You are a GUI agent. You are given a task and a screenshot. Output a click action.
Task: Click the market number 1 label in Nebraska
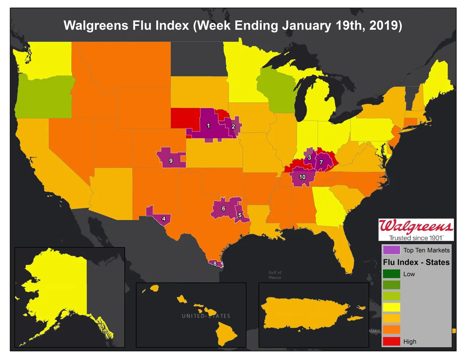pyautogui.click(x=208, y=126)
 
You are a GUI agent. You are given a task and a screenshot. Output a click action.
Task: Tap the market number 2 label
pyautogui.click(x=233, y=127)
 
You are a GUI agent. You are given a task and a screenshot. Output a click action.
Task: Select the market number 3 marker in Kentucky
pyautogui.click(x=309, y=157)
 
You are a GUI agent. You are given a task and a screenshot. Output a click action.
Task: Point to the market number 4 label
pyautogui.click(x=164, y=219)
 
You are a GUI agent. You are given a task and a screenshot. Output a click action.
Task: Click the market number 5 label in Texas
pyautogui.click(x=240, y=215)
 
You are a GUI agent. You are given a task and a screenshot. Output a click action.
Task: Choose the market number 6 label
pyautogui.click(x=224, y=208)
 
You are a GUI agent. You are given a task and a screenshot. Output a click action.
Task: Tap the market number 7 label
pyautogui.click(x=321, y=162)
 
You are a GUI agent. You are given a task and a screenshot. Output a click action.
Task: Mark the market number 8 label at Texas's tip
pyautogui.click(x=215, y=264)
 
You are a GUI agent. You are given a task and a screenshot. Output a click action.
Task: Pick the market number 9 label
pyautogui.click(x=171, y=161)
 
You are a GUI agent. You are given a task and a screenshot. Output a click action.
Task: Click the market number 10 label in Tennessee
pyautogui.click(x=302, y=177)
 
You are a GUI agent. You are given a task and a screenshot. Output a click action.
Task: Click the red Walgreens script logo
pyautogui.click(x=416, y=226)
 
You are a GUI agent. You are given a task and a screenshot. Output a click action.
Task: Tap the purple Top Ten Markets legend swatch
pyautogui.click(x=391, y=250)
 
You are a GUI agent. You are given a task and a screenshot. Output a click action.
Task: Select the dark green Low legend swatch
pyautogui.click(x=391, y=274)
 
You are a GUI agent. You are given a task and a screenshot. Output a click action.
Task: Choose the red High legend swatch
pyautogui.click(x=391, y=341)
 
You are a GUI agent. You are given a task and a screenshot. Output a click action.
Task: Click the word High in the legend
pyautogui.click(x=410, y=341)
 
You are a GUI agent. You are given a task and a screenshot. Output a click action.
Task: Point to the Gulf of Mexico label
pyautogui.click(x=275, y=275)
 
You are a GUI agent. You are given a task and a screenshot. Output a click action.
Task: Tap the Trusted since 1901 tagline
pyautogui.click(x=416, y=238)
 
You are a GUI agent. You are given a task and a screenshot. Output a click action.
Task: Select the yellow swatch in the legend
pyautogui.click(x=391, y=307)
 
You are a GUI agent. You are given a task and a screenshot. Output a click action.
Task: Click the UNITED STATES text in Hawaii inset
pyautogui.click(x=206, y=316)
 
